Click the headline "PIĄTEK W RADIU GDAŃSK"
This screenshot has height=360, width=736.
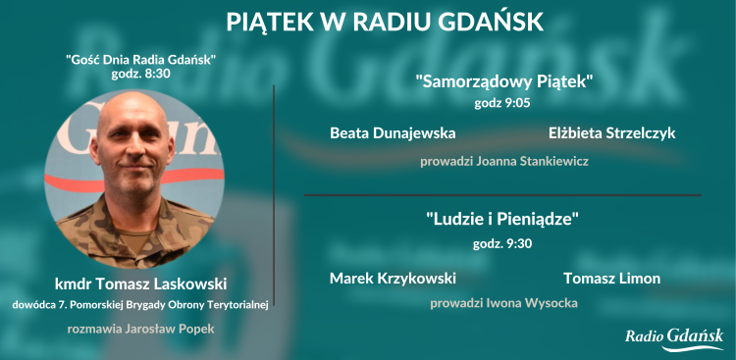[384, 22]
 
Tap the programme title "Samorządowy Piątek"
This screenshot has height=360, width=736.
[504, 81]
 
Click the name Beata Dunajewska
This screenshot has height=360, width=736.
[393, 132]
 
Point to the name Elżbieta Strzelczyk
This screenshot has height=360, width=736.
[612, 132]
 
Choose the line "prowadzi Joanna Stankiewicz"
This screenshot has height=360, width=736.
[504, 161]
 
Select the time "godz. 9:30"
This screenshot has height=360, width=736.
[503, 243]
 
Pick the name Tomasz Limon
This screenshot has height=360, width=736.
[612, 279]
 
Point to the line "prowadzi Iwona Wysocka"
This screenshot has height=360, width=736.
[503, 304]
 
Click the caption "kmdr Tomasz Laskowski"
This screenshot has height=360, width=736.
[141, 284]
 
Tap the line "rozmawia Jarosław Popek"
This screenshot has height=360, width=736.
[141, 329]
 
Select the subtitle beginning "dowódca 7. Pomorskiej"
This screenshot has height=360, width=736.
[141, 305]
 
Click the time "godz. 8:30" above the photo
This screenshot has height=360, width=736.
[141, 74]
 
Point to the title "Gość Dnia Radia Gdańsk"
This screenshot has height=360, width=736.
[141, 59]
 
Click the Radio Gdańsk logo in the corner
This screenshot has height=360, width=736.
[674, 338]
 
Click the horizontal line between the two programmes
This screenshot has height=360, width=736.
[502, 195]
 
